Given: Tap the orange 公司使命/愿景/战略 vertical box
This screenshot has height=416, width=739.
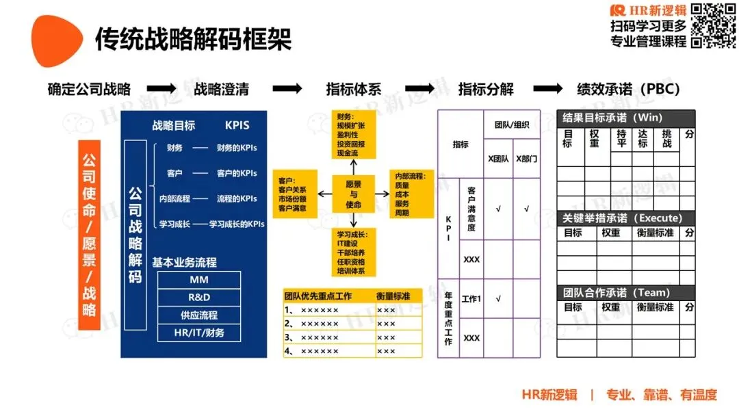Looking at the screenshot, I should [x=89, y=235].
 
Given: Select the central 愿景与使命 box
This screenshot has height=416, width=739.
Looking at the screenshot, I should [x=354, y=194].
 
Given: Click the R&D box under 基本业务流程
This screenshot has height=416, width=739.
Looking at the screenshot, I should [x=199, y=298].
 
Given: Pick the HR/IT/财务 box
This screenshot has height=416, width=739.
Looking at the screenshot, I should [x=199, y=333].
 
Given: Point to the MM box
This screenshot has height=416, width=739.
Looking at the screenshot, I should [x=199, y=280].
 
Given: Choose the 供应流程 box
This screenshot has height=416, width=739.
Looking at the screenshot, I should [x=199, y=315].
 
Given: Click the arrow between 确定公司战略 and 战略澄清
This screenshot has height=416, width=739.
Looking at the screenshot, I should [x=161, y=89].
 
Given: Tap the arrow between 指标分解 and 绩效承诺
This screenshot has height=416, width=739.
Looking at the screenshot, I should [x=547, y=89].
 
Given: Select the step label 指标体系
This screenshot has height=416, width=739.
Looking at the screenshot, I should [x=353, y=89].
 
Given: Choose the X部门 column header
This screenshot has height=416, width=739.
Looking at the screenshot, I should [x=526, y=159].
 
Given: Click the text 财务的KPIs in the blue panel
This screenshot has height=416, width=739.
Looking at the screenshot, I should [x=237, y=148].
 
